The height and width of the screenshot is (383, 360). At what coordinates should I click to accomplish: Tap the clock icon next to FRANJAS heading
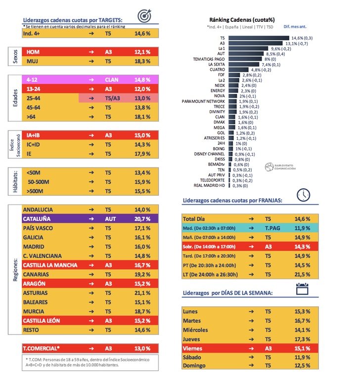click(x=303, y=195)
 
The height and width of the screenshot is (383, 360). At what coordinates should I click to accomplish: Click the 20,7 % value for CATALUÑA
click(x=142, y=218)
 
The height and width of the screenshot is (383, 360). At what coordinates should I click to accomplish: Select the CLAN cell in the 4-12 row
click(x=112, y=79)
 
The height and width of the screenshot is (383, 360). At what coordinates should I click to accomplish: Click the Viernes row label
click(x=192, y=348)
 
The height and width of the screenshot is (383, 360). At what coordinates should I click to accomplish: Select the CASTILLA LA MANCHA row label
click(x=49, y=265)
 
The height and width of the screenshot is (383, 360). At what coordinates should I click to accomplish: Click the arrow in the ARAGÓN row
click(x=90, y=284)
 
